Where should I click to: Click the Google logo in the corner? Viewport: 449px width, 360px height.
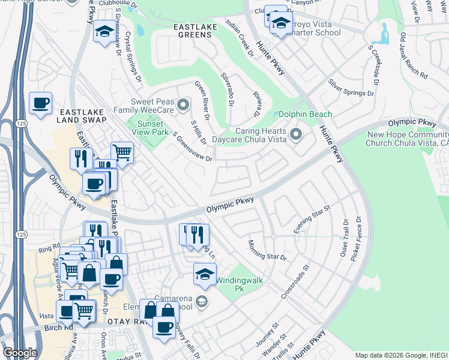20,353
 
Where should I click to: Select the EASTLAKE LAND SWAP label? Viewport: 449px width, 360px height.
82,116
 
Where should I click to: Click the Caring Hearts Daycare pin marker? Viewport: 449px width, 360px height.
295,134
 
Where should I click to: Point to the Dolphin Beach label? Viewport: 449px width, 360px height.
306,114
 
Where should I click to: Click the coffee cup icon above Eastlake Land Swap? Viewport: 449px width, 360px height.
40,103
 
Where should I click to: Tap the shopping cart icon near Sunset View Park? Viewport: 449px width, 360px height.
122,152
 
